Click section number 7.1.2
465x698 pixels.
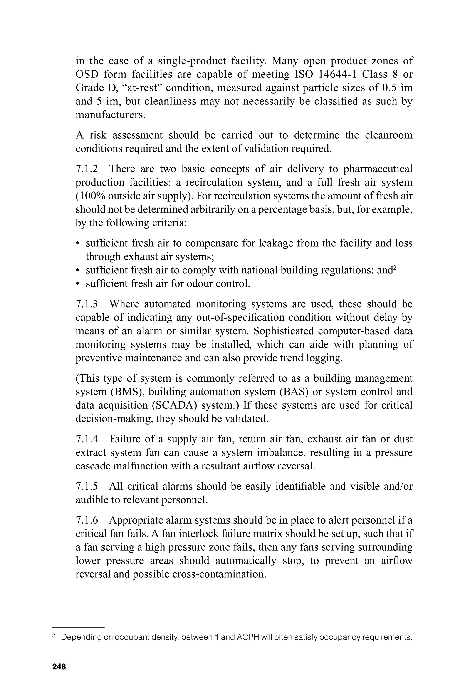coord(87,169)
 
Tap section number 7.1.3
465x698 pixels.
coord(87,304)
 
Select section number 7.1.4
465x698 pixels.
coord(87,439)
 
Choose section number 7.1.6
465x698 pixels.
coord(87,520)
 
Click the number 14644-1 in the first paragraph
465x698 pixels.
coord(336,74)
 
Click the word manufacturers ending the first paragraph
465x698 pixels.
coord(110,115)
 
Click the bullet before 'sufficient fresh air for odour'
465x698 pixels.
coord(78,284)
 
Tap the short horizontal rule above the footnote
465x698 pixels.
coord(79,628)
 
